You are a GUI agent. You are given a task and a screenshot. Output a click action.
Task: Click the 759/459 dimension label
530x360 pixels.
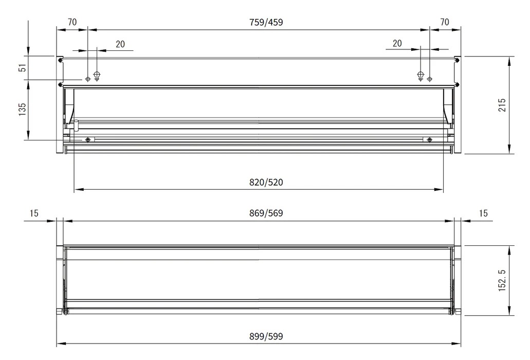point(266,22)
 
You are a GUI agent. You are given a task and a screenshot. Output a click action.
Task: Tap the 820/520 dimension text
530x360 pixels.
point(266,182)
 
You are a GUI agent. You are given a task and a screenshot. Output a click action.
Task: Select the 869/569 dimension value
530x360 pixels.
point(266,213)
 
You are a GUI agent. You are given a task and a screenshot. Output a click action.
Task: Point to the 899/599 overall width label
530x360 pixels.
point(266,337)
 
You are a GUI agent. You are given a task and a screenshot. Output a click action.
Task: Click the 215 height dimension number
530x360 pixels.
point(502,105)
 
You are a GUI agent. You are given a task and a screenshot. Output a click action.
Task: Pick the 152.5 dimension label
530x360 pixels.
point(502,281)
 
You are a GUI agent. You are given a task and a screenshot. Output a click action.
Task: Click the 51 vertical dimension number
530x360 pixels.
point(22,68)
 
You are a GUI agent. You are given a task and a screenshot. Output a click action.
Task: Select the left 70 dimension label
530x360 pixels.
point(72,22)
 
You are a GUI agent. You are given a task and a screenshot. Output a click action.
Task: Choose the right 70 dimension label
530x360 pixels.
point(445,22)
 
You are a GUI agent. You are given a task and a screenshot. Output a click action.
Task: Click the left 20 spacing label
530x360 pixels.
point(120,44)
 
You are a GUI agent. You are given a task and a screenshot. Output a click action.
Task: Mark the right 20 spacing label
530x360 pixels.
point(397,44)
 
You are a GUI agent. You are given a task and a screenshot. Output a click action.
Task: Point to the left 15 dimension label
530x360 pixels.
point(34,213)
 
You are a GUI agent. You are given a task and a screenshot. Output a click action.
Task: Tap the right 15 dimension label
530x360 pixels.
point(483,213)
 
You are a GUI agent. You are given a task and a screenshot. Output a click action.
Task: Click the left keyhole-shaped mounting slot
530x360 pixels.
point(97,76)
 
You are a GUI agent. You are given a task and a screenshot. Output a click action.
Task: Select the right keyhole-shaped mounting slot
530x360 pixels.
point(421,76)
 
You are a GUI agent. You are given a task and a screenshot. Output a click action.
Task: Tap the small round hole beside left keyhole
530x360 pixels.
point(88,79)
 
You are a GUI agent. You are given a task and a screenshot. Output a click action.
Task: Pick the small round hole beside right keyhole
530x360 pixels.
point(430,79)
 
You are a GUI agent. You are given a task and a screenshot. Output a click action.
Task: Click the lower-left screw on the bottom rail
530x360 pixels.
point(88,140)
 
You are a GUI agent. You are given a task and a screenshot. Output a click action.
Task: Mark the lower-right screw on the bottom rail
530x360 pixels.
point(429,140)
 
